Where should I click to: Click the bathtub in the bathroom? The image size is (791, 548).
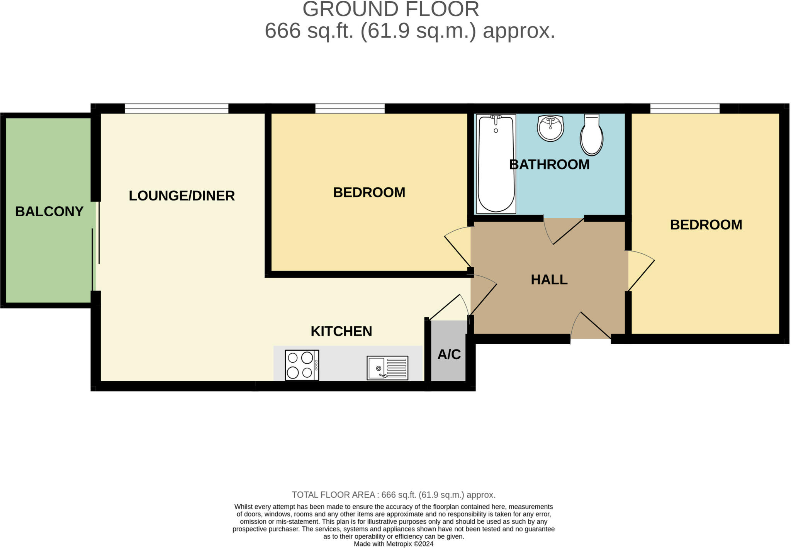pos(496,164)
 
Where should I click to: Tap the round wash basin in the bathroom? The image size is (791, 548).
pos(550,128)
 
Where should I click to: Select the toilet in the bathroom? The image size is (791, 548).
pos(591,135)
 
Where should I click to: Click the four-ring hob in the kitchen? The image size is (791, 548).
pos(302,365)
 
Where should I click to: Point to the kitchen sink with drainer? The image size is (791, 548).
pos(387,368)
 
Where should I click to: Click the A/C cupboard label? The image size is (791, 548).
pos(449,354)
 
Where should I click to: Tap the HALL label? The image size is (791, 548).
pos(549,280)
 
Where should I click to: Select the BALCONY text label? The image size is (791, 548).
pos(49,212)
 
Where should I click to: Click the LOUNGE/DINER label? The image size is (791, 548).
pos(182,196)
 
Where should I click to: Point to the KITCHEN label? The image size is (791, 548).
pos(341,331)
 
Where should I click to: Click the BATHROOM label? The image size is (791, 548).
pos(549,165)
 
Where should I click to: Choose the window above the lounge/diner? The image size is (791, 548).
pos(177,109)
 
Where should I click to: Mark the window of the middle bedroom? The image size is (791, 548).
pos(350,109)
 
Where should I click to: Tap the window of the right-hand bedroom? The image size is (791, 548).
pos(685,109)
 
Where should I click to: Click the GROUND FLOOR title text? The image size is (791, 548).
pos(390,9)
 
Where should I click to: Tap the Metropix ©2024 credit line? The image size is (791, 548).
pos(394,544)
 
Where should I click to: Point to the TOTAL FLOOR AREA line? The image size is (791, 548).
pos(393,495)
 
